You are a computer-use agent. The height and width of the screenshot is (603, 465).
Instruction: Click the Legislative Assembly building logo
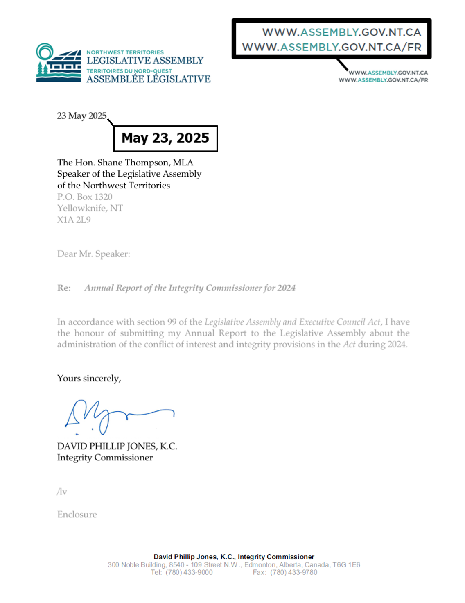(58, 63)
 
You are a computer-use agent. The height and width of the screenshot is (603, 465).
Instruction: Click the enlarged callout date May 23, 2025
(165, 138)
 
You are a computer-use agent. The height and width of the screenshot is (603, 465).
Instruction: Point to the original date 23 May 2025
(81, 116)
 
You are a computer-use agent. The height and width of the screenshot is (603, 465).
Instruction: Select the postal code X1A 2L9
(74, 220)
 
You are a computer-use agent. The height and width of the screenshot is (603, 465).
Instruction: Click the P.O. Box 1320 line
(85, 197)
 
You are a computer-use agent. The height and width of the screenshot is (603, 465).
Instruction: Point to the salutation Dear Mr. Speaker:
(94, 254)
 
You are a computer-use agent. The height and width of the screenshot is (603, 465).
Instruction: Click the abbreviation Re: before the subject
(64, 288)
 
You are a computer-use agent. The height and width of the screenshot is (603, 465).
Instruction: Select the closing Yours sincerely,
(89, 379)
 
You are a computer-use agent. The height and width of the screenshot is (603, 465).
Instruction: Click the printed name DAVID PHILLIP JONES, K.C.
(117, 447)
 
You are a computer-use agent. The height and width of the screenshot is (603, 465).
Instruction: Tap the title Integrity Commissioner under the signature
(105, 458)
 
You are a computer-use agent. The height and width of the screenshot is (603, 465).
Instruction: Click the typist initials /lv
(62, 492)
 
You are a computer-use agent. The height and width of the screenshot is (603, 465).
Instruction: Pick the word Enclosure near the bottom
(77, 515)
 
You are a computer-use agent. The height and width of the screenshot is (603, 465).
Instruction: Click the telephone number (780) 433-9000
(189, 572)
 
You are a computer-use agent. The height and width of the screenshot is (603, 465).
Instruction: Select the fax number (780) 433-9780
(293, 572)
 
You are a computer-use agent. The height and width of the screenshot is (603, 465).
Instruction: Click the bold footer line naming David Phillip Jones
(234, 557)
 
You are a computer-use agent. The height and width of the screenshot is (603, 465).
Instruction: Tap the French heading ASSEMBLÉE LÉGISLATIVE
(148, 79)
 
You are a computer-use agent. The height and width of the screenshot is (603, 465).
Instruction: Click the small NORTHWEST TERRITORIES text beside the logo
(125, 52)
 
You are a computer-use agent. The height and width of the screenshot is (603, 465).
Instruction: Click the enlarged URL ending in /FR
(332, 47)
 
